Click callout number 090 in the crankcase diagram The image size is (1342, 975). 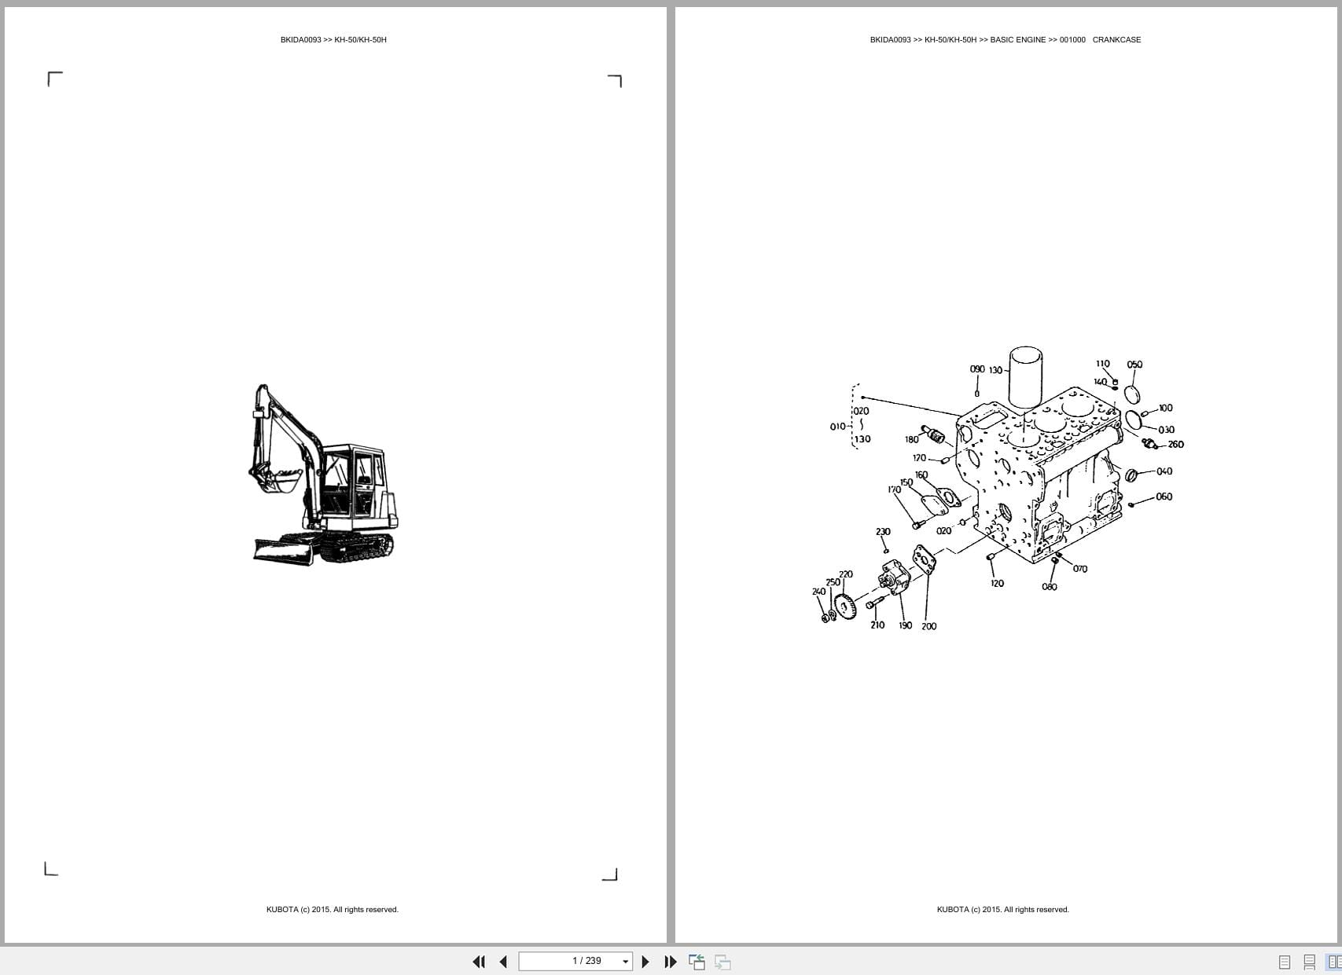977,369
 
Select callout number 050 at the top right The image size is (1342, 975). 1134,365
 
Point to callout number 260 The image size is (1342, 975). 1175,445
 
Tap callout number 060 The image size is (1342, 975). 1164,497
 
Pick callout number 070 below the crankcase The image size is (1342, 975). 1080,569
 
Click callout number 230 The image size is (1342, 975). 883,532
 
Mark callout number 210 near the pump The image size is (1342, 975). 877,625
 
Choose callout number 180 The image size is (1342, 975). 911,440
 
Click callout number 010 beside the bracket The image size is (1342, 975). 837,427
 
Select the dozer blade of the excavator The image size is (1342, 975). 283,549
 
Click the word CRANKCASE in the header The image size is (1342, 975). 1116,40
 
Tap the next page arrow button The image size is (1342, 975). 645,962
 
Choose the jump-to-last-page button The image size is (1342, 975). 671,962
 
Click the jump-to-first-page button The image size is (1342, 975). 478,962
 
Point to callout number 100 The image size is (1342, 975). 1165,408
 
